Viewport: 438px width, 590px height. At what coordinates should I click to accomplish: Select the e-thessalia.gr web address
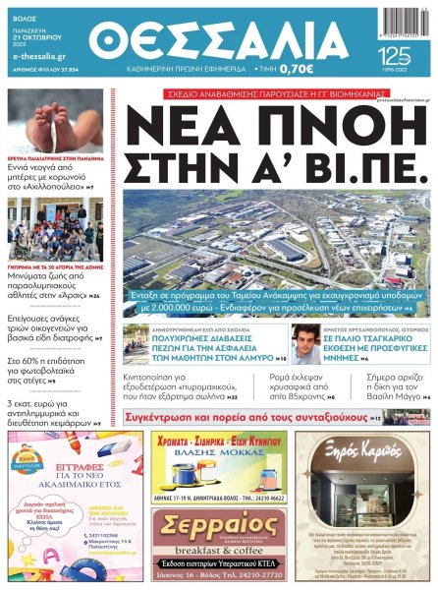(34, 56)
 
